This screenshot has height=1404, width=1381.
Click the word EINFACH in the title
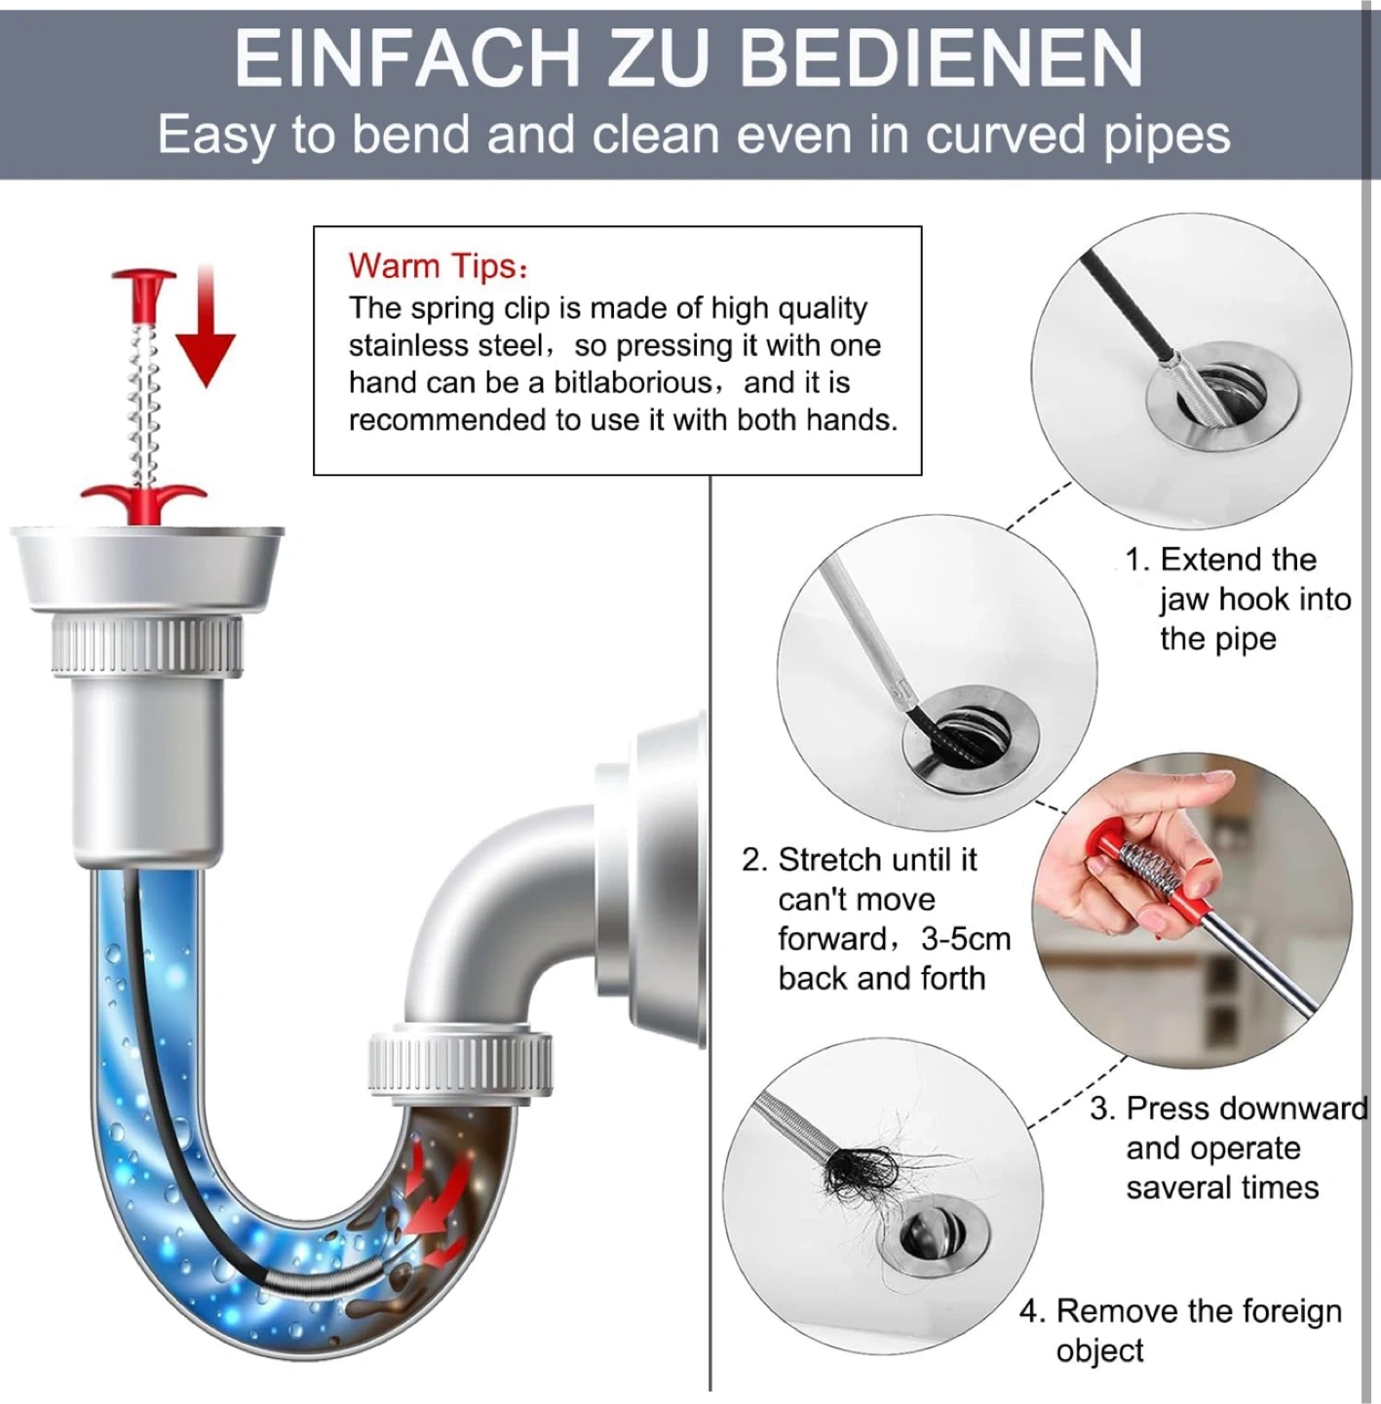click(406, 58)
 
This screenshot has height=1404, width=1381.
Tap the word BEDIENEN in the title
click(940, 58)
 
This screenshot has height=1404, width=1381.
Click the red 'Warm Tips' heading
click(438, 265)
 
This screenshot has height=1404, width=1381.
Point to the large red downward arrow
click(206, 328)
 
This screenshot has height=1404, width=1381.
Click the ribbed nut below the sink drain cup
click(147, 644)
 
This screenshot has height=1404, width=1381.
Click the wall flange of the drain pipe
click(652, 880)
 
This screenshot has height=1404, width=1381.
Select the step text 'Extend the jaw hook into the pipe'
click(1238, 599)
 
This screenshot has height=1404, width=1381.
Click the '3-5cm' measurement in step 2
click(966, 939)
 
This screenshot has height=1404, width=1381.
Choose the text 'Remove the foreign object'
click(1180, 1331)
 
